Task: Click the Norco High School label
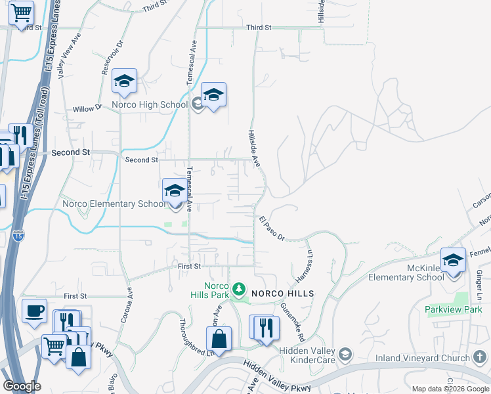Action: click(150, 104)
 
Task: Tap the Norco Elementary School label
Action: click(114, 204)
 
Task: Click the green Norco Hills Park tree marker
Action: click(240, 288)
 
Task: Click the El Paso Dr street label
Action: click(272, 227)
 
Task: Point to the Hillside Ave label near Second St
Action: click(254, 147)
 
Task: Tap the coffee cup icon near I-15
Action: click(34, 311)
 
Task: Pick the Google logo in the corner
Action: click(22, 385)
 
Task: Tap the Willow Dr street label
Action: click(87, 108)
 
